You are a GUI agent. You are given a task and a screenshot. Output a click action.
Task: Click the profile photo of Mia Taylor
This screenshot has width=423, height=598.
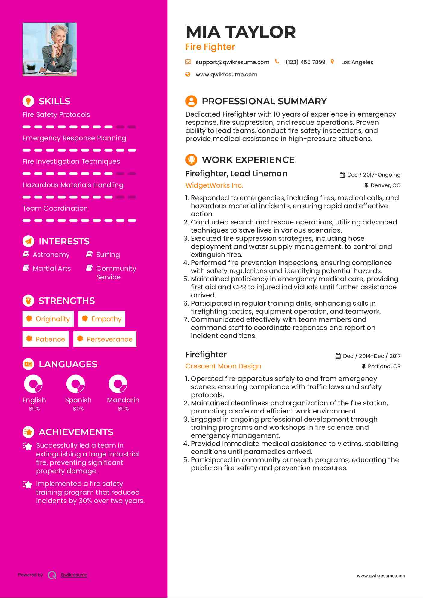pos(50,49)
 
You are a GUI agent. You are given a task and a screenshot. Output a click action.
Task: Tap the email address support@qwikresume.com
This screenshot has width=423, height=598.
pos(232,62)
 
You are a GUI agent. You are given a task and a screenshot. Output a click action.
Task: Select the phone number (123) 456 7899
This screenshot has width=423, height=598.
pos(305,62)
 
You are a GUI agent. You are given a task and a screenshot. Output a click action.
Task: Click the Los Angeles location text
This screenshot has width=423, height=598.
pos(357,62)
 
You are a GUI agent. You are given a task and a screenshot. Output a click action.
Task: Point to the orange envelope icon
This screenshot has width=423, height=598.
pos(188,62)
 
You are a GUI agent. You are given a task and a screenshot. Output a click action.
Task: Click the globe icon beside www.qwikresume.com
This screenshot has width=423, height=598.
pos(188,74)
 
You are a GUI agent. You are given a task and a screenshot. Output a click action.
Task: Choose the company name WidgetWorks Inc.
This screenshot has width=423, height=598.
pos(214,185)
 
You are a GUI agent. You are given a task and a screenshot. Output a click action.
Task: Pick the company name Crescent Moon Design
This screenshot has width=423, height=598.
pos(223,366)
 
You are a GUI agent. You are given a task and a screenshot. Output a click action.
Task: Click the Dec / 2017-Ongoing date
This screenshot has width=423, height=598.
pos(374,175)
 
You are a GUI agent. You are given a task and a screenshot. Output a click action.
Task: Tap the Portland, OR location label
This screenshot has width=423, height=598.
pos(384,366)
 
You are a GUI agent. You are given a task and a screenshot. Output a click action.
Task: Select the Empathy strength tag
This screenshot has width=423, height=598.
pos(102,319)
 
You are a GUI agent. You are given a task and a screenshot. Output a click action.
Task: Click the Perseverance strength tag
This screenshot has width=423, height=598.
pos(105,339)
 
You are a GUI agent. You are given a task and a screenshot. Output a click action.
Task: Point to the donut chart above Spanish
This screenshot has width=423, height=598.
pos(75,384)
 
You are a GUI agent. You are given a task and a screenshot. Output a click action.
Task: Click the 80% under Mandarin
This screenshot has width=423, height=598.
pos(123,409)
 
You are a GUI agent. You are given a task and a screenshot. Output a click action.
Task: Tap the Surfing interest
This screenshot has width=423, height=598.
pos(108,255)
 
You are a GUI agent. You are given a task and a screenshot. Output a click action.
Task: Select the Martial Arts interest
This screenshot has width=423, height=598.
pos(51,268)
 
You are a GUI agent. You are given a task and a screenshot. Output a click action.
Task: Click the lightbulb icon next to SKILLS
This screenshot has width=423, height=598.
pos(28,101)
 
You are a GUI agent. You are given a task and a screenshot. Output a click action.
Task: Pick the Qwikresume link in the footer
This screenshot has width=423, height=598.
pos(74,575)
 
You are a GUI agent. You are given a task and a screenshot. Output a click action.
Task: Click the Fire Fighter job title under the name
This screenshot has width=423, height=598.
pos(210,47)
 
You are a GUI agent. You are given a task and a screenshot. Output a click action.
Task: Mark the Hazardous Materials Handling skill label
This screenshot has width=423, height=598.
pos(73,185)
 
